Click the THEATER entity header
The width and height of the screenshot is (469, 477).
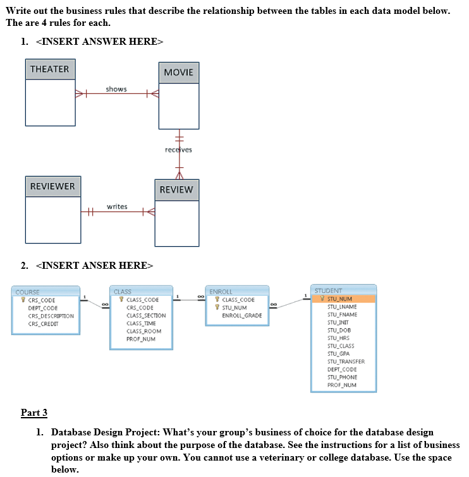point(50,69)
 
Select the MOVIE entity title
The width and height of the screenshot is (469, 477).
point(179,73)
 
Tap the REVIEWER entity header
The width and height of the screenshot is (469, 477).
point(53,186)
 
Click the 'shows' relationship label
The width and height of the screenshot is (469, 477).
point(116,89)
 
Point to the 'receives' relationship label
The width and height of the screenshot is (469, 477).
point(178,150)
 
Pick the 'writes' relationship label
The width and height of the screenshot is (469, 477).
point(117,206)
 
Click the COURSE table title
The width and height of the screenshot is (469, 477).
point(27,292)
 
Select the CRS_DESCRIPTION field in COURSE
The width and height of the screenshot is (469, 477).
point(51,315)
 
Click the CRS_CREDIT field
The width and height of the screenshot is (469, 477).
point(44,324)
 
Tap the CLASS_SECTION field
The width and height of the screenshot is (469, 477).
point(146,315)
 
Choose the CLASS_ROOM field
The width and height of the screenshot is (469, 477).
point(143,331)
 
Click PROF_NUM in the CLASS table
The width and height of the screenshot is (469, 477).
point(140,339)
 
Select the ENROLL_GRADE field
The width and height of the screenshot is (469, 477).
point(241,315)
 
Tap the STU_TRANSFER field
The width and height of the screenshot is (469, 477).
point(345,362)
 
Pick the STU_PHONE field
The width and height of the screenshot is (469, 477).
point(342,377)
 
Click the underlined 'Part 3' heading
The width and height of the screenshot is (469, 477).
point(34,413)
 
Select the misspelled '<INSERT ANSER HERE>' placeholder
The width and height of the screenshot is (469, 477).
point(95,266)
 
